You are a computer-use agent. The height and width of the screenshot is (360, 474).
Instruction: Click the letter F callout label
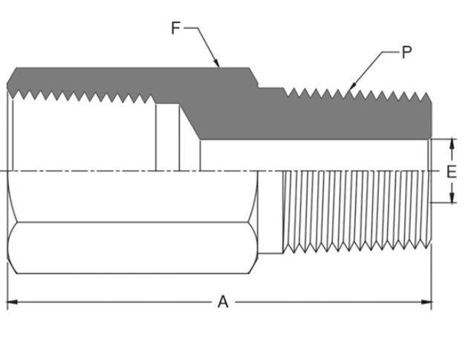(x=176, y=28)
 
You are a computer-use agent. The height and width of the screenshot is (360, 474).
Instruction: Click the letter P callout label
(x=406, y=52)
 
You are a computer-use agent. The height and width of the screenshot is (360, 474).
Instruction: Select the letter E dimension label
(x=451, y=171)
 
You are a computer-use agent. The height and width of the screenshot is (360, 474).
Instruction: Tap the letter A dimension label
(x=222, y=302)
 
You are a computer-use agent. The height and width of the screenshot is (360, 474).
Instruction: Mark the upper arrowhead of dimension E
(x=451, y=142)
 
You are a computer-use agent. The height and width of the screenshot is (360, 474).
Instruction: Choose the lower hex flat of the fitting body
(x=134, y=249)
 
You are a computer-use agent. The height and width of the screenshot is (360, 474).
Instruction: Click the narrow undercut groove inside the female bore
(x=167, y=137)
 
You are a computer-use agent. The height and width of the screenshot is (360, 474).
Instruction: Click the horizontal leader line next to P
(x=389, y=52)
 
